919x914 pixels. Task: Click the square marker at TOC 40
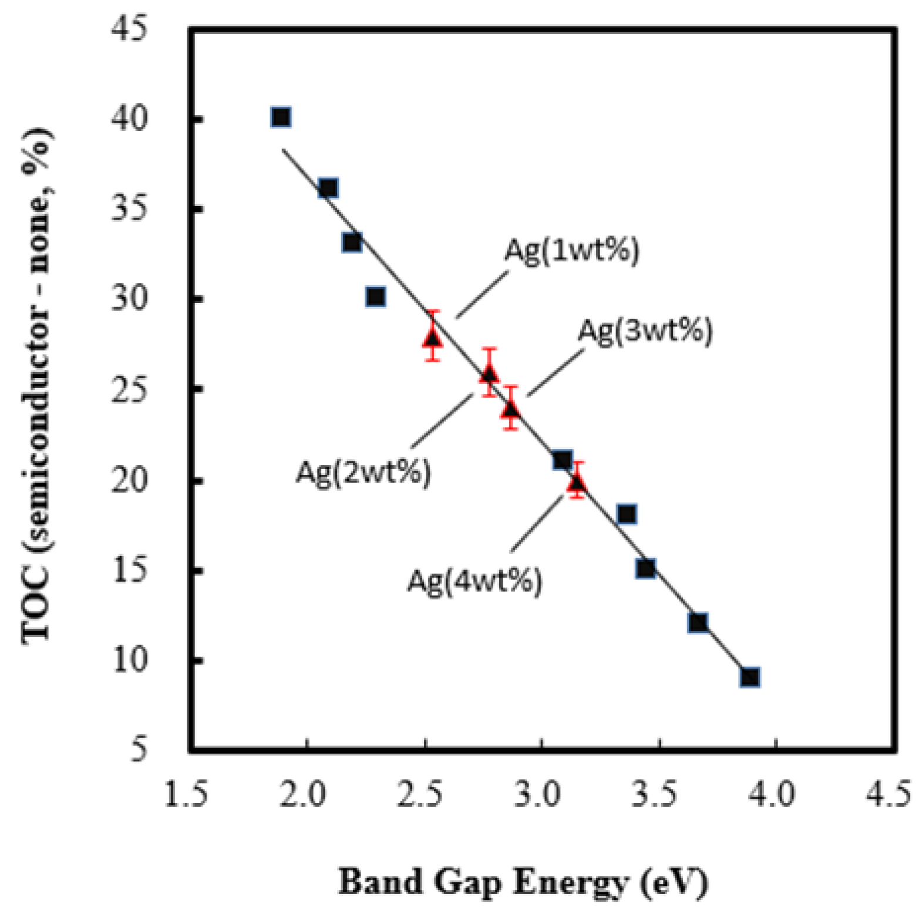click(281, 117)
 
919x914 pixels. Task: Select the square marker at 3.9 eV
click(750, 677)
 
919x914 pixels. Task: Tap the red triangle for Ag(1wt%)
click(433, 338)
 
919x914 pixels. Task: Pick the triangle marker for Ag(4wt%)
click(577, 482)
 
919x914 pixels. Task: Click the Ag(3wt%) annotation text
click(645, 330)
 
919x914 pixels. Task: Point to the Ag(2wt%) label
click(363, 471)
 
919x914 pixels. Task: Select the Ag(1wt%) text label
click(571, 251)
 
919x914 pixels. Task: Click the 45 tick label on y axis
click(129, 29)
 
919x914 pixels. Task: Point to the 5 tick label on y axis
click(138, 750)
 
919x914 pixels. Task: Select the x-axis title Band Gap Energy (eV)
click(523, 882)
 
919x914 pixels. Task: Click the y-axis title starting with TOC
click(36, 387)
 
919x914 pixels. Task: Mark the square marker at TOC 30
click(375, 296)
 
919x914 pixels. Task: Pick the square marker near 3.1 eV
click(562, 460)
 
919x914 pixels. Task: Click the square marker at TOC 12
click(698, 622)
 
